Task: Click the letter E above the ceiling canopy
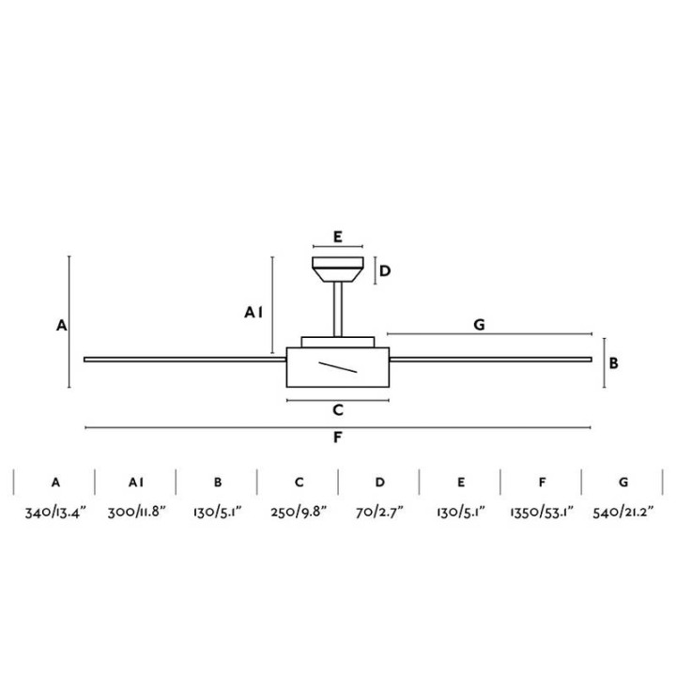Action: click(x=338, y=237)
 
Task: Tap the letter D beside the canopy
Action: click(x=385, y=270)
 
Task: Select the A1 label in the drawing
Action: click(x=253, y=312)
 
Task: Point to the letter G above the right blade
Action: click(x=479, y=324)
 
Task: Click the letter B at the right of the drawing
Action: click(x=613, y=363)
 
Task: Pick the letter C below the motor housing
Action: click(x=338, y=409)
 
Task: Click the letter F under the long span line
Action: click(x=338, y=438)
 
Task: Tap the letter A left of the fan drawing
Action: click(x=62, y=325)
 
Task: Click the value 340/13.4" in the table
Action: click(x=55, y=513)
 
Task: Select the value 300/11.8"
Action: click(x=137, y=513)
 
